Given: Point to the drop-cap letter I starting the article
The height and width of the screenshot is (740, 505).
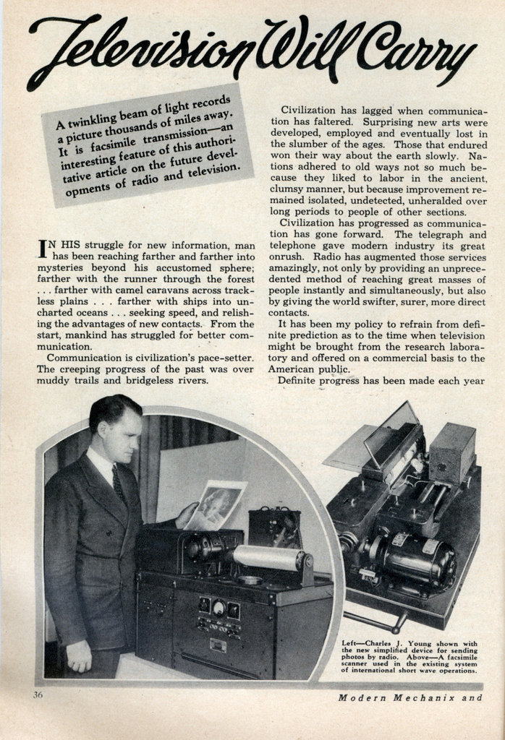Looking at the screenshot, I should (43, 251).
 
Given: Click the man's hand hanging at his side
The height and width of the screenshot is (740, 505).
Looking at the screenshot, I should (78, 655).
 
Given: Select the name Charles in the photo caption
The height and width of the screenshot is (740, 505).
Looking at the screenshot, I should (389, 642).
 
